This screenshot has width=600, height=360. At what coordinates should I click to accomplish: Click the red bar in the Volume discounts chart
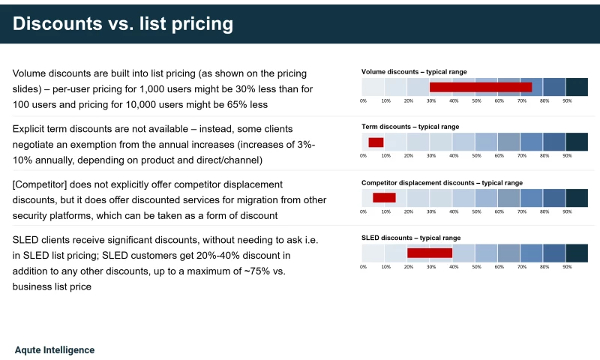pos(481,87)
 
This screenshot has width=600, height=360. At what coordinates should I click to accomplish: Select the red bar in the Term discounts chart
pos(376,142)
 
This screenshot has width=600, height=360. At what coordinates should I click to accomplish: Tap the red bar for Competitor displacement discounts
pos(384,198)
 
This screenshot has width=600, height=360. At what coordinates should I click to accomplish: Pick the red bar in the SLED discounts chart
pos(430,253)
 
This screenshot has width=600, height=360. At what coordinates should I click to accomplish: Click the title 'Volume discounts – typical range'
pos(414,72)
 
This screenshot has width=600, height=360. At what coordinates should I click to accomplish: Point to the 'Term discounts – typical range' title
pos(410,127)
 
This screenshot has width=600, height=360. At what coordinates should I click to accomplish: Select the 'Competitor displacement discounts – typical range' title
pos(442,183)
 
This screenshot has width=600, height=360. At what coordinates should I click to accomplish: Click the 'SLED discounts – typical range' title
pos(411,238)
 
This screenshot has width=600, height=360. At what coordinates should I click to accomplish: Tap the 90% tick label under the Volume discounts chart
pos(567,101)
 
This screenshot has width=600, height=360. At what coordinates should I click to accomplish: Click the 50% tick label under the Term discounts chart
pos(476,156)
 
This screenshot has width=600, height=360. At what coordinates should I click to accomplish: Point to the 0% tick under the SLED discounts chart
pos(363,267)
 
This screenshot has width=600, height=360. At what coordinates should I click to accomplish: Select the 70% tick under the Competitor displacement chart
pos(522,211)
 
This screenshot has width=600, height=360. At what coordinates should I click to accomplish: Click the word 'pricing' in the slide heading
pos(202,24)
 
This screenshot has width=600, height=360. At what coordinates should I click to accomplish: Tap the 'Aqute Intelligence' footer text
pos(55,350)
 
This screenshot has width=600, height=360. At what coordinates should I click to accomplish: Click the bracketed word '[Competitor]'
pos(40,184)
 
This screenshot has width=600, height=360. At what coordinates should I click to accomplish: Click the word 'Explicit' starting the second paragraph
pos(28,129)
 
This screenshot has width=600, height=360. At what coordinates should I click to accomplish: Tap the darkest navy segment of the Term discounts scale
pos(577,142)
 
